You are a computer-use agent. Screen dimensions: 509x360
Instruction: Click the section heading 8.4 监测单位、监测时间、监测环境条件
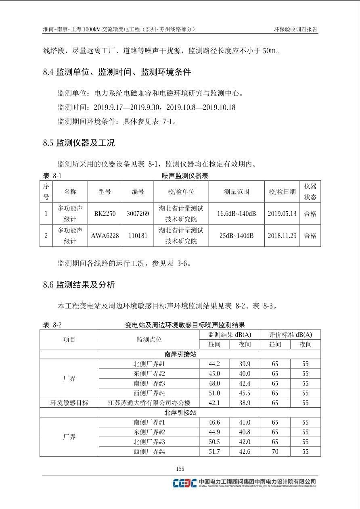coord(117,73)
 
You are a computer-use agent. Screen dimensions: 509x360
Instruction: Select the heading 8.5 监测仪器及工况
coord(79,143)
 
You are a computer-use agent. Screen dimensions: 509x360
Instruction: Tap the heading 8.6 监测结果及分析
coord(79,285)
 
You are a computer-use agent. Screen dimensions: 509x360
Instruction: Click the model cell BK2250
coord(105,214)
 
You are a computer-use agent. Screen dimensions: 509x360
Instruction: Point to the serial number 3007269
coord(138,214)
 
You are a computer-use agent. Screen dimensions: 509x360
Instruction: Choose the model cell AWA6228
coord(105,236)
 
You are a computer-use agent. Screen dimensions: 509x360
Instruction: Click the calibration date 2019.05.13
coord(282,214)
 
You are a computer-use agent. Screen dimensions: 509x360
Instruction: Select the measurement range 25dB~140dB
coord(237,236)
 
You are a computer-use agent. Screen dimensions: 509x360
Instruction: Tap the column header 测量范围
coord(237,192)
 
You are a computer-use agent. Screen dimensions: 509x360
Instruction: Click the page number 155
coord(180,469)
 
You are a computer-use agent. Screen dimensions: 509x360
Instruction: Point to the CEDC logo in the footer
coord(184,483)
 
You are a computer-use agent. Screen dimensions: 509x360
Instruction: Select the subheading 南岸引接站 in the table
coord(180,354)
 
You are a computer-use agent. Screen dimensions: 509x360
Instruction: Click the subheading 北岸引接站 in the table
coord(180,413)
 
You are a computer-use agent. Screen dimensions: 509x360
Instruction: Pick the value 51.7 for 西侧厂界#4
coord(214,452)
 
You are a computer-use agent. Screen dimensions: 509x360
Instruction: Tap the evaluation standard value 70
coord(275,452)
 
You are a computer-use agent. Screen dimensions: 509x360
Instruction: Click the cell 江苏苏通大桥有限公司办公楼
coord(149,403)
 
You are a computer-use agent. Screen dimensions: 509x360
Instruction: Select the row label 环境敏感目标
coord(69,403)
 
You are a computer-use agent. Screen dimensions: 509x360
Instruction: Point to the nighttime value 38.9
coord(245,403)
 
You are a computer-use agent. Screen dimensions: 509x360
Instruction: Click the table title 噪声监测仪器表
coord(185,176)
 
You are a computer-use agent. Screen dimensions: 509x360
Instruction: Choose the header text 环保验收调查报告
coord(295,29)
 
